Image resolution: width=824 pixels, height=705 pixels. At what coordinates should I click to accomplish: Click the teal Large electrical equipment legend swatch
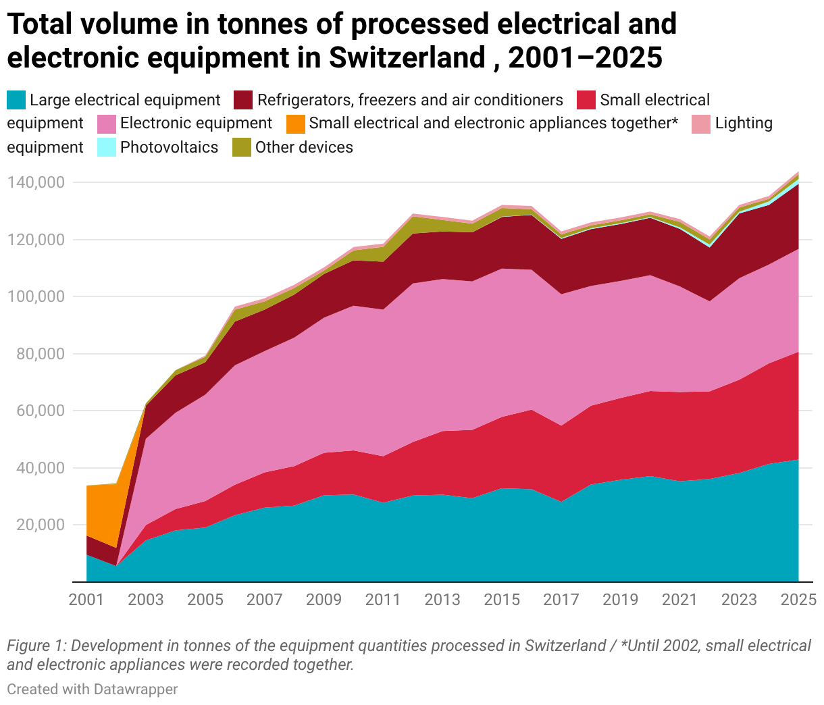point(16,100)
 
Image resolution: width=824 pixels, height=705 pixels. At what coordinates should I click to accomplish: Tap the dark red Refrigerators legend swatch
point(243,100)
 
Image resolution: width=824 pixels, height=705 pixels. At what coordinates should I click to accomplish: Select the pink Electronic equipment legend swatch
point(107,124)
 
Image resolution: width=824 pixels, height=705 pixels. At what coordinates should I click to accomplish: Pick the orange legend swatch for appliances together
point(296,124)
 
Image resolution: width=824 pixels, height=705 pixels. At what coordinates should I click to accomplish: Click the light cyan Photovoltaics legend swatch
point(107,147)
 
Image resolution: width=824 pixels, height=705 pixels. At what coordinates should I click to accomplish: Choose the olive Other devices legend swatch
point(242,147)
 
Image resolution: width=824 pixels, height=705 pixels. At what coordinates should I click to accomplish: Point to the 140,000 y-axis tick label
point(36,182)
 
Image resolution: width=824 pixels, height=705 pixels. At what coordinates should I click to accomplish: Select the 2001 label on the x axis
point(86,600)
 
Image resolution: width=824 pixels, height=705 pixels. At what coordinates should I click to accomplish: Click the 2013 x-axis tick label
point(442,600)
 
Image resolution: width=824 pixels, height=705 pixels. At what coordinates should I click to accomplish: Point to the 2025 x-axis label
point(799,600)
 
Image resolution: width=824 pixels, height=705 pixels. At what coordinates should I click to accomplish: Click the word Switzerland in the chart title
point(407,57)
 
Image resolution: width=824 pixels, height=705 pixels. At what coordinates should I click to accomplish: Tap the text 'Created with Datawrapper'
point(93,689)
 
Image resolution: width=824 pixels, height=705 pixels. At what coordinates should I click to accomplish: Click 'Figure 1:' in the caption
point(36,646)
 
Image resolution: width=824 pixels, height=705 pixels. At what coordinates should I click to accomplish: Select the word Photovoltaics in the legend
point(169,147)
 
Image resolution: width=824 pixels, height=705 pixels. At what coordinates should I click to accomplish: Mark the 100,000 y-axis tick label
point(36,297)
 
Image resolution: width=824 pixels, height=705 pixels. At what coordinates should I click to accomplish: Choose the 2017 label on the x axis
point(561,600)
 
